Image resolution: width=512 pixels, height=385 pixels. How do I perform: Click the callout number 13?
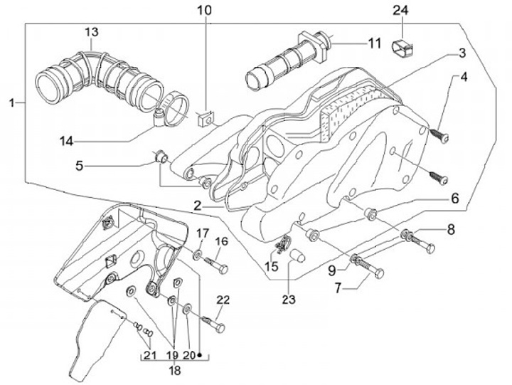coord(92,32)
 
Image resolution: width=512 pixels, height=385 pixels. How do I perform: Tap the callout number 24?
coord(400,11)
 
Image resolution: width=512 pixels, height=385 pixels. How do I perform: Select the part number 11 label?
coord(374,43)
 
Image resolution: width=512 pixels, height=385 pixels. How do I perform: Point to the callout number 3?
coord(462,53)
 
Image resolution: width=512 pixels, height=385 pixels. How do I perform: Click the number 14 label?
coord(67,142)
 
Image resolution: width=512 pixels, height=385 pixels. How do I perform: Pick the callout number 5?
coord(80,166)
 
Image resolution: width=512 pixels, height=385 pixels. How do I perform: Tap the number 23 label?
coord(289,300)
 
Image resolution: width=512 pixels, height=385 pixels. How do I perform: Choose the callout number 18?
coord(175,371)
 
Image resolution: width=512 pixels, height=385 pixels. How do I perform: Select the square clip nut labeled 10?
coord(205,120)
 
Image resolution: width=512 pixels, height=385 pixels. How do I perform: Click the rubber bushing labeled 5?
coord(161,157)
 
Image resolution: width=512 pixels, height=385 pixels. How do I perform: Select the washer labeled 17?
coord(197,253)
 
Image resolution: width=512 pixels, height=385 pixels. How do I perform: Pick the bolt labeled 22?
coord(213,323)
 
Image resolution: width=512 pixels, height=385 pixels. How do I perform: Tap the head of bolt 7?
coord(379,273)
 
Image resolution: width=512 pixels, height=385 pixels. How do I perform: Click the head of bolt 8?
coord(430,249)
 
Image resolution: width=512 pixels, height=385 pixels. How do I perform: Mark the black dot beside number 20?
coord(200,355)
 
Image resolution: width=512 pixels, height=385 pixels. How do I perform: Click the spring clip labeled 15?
coord(283,244)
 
